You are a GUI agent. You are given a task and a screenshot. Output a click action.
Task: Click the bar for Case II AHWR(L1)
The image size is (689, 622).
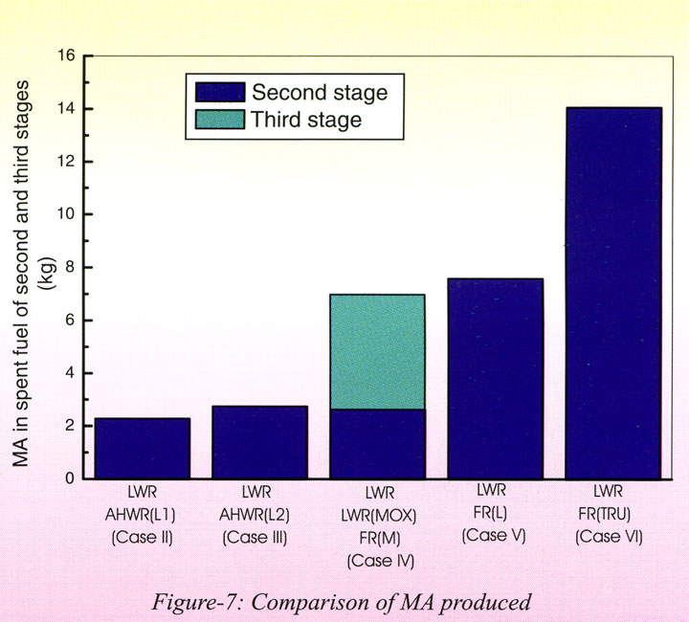(x=142, y=448)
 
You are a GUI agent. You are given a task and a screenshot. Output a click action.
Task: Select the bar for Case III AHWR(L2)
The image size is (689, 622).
(x=259, y=442)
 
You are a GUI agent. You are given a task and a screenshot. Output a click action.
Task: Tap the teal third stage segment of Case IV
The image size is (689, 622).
(x=377, y=351)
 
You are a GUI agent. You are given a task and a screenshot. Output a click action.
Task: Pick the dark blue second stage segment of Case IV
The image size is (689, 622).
(x=377, y=443)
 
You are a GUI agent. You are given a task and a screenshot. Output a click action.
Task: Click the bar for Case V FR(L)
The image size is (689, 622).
(x=495, y=378)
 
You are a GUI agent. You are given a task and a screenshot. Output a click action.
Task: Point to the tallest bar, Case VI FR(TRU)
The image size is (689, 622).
(x=612, y=292)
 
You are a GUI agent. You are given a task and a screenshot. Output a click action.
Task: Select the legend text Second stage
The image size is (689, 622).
(x=319, y=93)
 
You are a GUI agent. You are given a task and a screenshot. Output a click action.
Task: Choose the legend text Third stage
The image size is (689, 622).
(x=306, y=120)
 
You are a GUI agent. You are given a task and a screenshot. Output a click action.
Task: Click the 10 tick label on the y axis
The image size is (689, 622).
(x=65, y=214)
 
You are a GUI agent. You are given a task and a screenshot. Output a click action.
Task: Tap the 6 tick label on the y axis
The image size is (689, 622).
(x=69, y=320)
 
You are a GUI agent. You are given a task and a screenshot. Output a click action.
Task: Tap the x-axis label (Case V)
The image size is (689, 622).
(x=495, y=536)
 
